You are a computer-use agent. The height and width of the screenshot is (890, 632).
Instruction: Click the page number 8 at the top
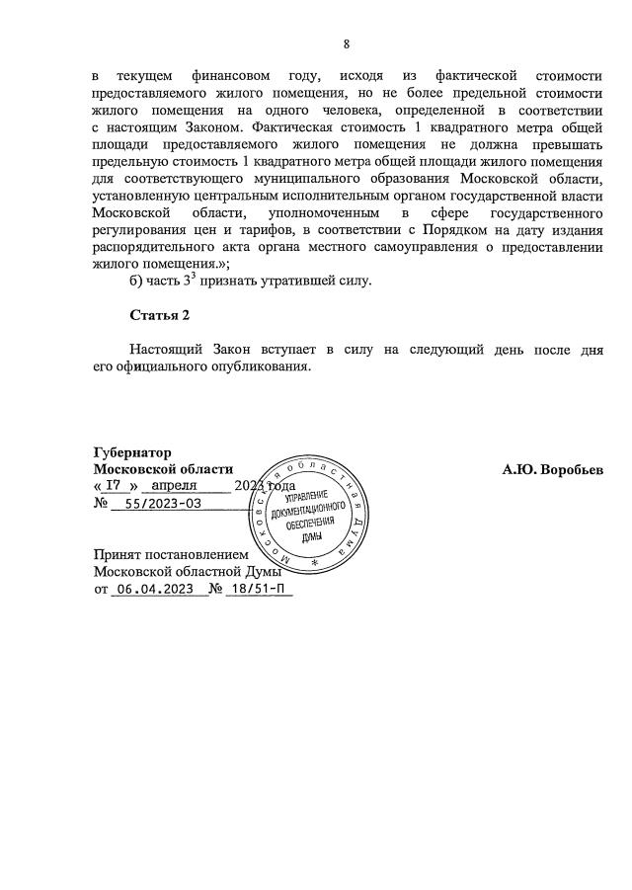(347, 43)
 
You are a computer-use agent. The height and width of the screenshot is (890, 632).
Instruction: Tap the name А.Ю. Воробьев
(552, 469)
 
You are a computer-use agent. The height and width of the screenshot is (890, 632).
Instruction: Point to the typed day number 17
(115, 486)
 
